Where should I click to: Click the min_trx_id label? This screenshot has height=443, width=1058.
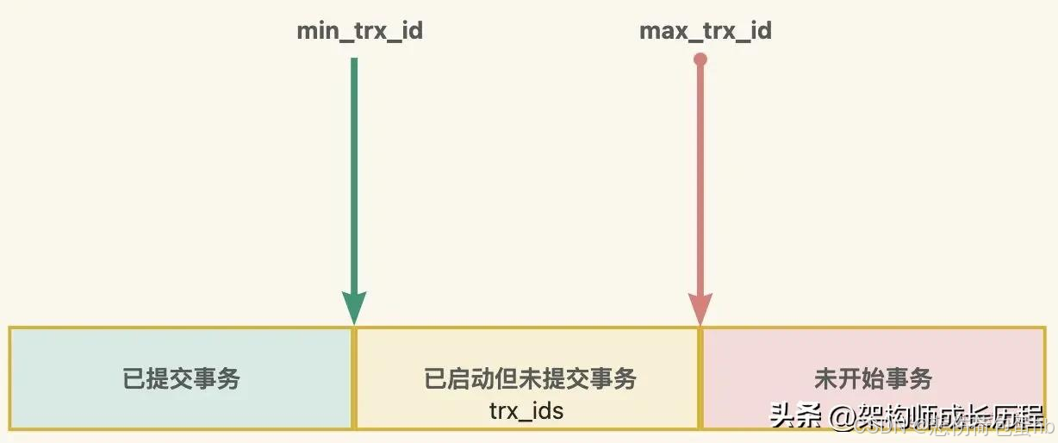(359, 32)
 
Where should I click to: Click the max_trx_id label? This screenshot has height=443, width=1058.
(705, 32)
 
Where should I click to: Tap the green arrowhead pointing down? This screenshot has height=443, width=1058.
(354, 306)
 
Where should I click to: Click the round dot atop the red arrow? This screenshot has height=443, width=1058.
(700, 59)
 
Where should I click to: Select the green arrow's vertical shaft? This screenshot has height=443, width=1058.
(354, 172)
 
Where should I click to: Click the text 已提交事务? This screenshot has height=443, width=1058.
(182, 378)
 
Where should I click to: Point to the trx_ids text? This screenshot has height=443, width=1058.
(526, 410)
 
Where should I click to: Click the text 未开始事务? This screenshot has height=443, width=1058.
(873, 378)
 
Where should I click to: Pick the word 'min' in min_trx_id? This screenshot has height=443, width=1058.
(316, 32)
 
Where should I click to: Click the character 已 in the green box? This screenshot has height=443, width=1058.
(134, 378)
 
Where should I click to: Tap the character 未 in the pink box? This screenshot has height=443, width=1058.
(825, 378)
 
